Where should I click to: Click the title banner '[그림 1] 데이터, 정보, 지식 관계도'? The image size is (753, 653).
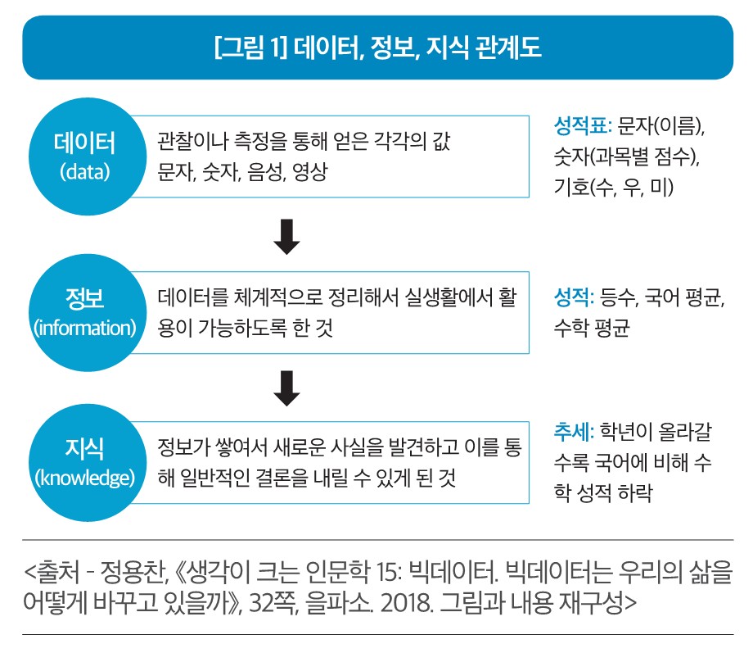(x=378, y=48)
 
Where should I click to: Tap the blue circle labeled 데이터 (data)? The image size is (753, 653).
(x=88, y=156)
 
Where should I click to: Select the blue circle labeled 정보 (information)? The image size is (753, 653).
(x=88, y=312)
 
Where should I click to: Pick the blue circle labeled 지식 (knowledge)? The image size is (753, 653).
(x=88, y=463)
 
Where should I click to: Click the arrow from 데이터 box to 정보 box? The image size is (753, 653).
(x=286, y=237)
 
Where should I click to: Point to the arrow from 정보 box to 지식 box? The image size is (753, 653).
(x=286, y=388)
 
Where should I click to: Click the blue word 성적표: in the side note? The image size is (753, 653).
(x=583, y=126)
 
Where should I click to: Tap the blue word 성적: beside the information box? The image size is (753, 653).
(x=574, y=297)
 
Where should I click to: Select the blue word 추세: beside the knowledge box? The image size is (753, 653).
(x=574, y=432)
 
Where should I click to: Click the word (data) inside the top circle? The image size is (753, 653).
(x=85, y=172)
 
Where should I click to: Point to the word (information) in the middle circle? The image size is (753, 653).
(x=85, y=328)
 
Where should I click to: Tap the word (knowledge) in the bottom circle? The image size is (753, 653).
(x=85, y=478)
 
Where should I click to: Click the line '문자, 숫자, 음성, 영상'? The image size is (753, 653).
(x=242, y=172)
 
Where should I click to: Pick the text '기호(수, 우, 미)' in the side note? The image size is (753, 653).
(x=614, y=187)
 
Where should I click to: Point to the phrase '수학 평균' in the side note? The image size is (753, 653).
(x=592, y=328)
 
